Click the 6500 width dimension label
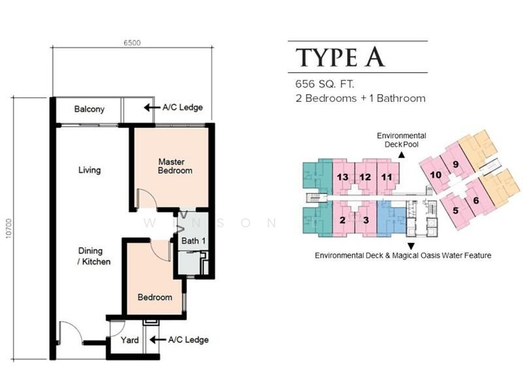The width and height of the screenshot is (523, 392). pos(132,42)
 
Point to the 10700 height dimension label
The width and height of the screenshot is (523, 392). pos(8,228)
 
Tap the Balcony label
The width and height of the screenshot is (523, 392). pos(90,109)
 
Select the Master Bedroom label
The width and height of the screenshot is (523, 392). pos(175,166)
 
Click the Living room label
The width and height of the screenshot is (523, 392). pos(90,170)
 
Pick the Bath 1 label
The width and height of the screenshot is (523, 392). pos(194,240)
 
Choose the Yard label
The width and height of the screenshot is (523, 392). pos(129,340)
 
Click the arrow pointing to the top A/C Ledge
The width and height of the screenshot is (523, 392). pos(152,108)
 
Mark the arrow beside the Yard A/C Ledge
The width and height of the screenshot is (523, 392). pos(158,340)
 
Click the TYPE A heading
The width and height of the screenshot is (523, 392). pos(340,57)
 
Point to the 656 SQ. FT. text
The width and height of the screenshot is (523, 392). pos(324,84)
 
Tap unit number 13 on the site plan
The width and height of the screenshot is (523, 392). pos(343,176)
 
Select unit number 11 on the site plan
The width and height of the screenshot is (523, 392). pos(386,176)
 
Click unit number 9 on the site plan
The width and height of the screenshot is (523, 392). pos(456,165)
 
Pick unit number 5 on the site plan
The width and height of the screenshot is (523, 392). pos(455,210)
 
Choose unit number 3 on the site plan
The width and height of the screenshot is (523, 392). pos(366,220)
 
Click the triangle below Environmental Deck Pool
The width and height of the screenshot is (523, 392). pos(401,155)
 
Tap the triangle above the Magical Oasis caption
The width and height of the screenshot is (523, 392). pos(411,246)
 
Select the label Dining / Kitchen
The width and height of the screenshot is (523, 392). pos(94,256)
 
